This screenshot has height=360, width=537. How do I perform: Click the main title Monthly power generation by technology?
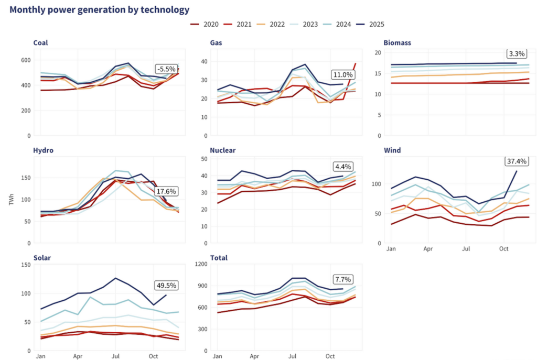coord(100,9)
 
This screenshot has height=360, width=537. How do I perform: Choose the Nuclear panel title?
coord(223,150)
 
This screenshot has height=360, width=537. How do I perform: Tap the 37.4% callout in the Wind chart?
coord(517,161)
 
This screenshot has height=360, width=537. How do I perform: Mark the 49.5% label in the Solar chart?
coord(167,286)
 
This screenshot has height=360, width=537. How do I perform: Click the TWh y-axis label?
coord(19,201)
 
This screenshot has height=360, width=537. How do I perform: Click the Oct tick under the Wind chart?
coord(503,248)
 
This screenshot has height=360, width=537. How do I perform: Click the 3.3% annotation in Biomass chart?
coord(517,53)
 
